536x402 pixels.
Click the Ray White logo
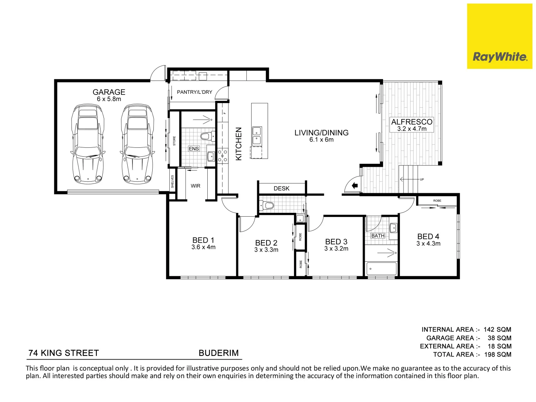[x=500, y=36]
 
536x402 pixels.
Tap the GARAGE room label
[x=109, y=92]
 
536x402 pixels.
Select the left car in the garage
[x=87, y=144]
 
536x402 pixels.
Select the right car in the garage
[x=137, y=144]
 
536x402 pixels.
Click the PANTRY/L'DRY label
[x=194, y=92]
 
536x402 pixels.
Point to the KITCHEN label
[x=239, y=144]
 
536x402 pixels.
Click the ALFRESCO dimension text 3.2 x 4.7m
[x=412, y=129]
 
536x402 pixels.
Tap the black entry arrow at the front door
[x=355, y=185]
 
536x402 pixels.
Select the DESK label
[x=281, y=188]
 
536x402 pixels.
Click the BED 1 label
[x=203, y=240]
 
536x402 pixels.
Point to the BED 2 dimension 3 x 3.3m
[x=266, y=250]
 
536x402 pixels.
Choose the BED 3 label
[x=336, y=242]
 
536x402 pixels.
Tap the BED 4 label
[x=428, y=236]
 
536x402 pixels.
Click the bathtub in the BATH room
[x=381, y=268]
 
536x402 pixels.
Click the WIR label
[x=195, y=186]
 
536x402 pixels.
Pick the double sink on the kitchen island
[x=256, y=135]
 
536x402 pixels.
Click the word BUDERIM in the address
[x=218, y=353]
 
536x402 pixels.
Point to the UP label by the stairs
[x=422, y=179]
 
